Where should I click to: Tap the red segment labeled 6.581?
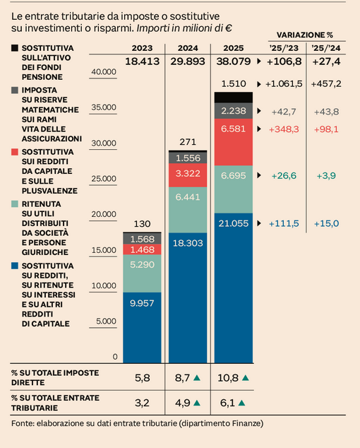coord(233,129)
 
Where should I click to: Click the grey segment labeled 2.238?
coord(233,111)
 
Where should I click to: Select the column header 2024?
coord(187,47)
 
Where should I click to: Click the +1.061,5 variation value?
coord(284,83)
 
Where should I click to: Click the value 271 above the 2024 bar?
coord(188,141)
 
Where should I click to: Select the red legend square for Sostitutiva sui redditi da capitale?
coord(15,152)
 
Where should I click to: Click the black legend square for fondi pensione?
coord(15,47)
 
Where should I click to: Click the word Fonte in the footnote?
coord(23,423)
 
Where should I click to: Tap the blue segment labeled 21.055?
coord(233,223)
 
